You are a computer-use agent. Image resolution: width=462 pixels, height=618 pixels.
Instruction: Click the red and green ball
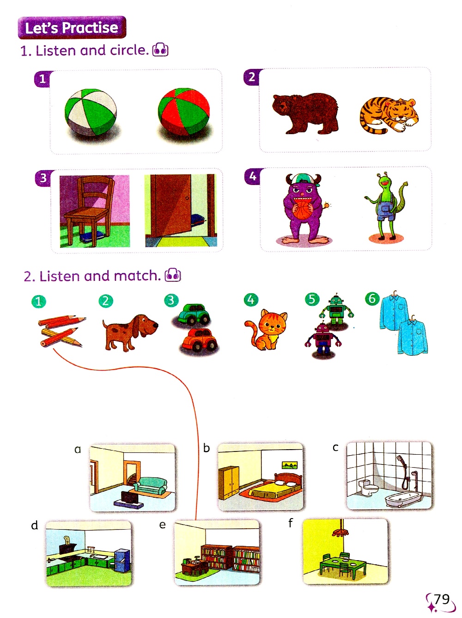(183, 112)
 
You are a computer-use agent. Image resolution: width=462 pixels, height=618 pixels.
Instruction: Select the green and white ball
(90, 112)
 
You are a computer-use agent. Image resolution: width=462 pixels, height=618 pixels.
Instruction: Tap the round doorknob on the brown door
(187, 198)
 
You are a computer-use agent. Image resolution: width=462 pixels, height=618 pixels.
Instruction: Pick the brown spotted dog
(130, 332)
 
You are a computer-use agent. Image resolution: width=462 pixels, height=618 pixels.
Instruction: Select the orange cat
(266, 329)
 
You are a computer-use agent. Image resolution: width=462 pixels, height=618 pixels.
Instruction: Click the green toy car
(193, 314)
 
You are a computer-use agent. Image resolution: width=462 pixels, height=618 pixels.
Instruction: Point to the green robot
(336, 309)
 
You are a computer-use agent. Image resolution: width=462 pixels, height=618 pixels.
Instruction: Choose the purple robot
(322, 339)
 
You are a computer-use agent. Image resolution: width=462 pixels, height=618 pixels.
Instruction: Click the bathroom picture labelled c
(389, 476)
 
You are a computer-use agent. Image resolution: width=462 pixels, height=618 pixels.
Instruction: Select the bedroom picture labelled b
(261, 476)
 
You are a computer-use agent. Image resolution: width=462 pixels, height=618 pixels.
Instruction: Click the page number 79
(442, 599)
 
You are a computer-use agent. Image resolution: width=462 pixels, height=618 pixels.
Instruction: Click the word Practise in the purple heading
(90, 28)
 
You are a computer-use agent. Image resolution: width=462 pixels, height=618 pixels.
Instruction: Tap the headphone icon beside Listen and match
(173, 275)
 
